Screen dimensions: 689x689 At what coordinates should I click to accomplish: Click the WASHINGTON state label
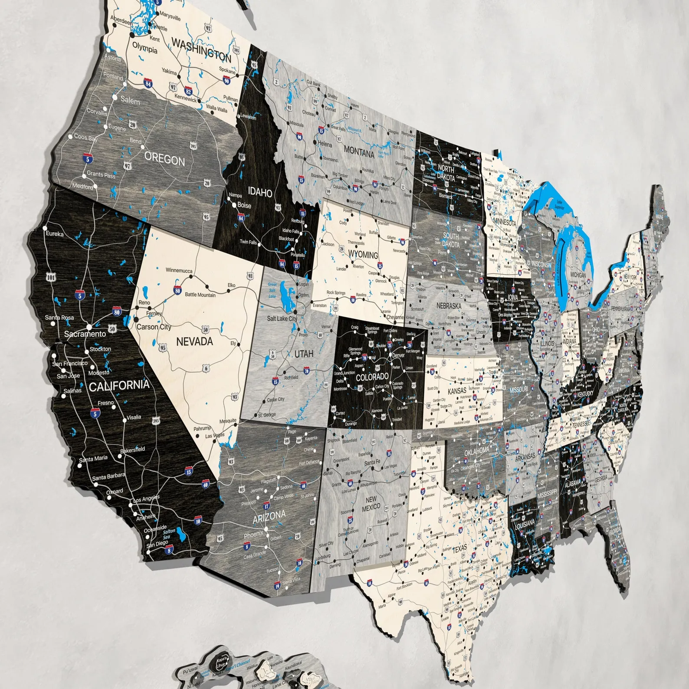[x=201, y=49]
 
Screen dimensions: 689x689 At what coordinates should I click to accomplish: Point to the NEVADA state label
[x=194, y=342]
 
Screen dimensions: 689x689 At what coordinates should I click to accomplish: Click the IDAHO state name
[x=260, y=192]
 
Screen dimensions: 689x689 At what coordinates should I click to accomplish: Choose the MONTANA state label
[x=359, y=152]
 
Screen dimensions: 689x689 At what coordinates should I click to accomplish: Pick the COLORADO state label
[x=372, y=377]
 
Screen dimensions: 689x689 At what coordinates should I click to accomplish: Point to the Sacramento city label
[x=85, y=334]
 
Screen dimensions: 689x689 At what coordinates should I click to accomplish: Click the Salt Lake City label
[x=282, y=318]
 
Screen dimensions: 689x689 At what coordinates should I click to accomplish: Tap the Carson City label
[x=154, y=327]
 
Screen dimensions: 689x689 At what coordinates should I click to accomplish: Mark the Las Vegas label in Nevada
[x=215, y=435]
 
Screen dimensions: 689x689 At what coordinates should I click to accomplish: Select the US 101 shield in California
[x=51, y=277]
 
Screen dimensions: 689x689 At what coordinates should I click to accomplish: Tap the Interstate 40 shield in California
[x=205, y=485]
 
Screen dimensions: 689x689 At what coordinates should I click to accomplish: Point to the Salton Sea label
[x=169, y=534]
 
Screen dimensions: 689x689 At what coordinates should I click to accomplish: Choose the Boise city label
[x=244, y=205]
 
